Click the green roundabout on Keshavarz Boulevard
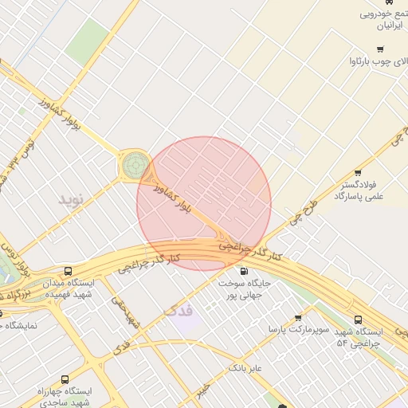pyautogui.click(x=134, y=166)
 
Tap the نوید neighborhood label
pyautogui.click(x=69, y=198)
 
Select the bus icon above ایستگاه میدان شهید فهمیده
pyautogui.click(x=68, y=271)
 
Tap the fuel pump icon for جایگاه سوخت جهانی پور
pyautogui.click(x=244, y=271)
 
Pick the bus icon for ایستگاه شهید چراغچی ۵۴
pyautogui.click(x=358, y=319)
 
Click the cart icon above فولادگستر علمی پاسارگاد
pyautogui.click(x=357, y=172)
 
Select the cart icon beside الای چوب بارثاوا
pyautogui.click(x=357, y=61)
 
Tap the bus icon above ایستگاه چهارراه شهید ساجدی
pyautogui.click(x=65, y=379)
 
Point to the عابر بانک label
pyautogui.click(x=245, y=368)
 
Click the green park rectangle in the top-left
pyautogui.click(x=87, y=41)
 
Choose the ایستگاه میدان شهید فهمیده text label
pyautogui.click(x=69, y=288)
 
